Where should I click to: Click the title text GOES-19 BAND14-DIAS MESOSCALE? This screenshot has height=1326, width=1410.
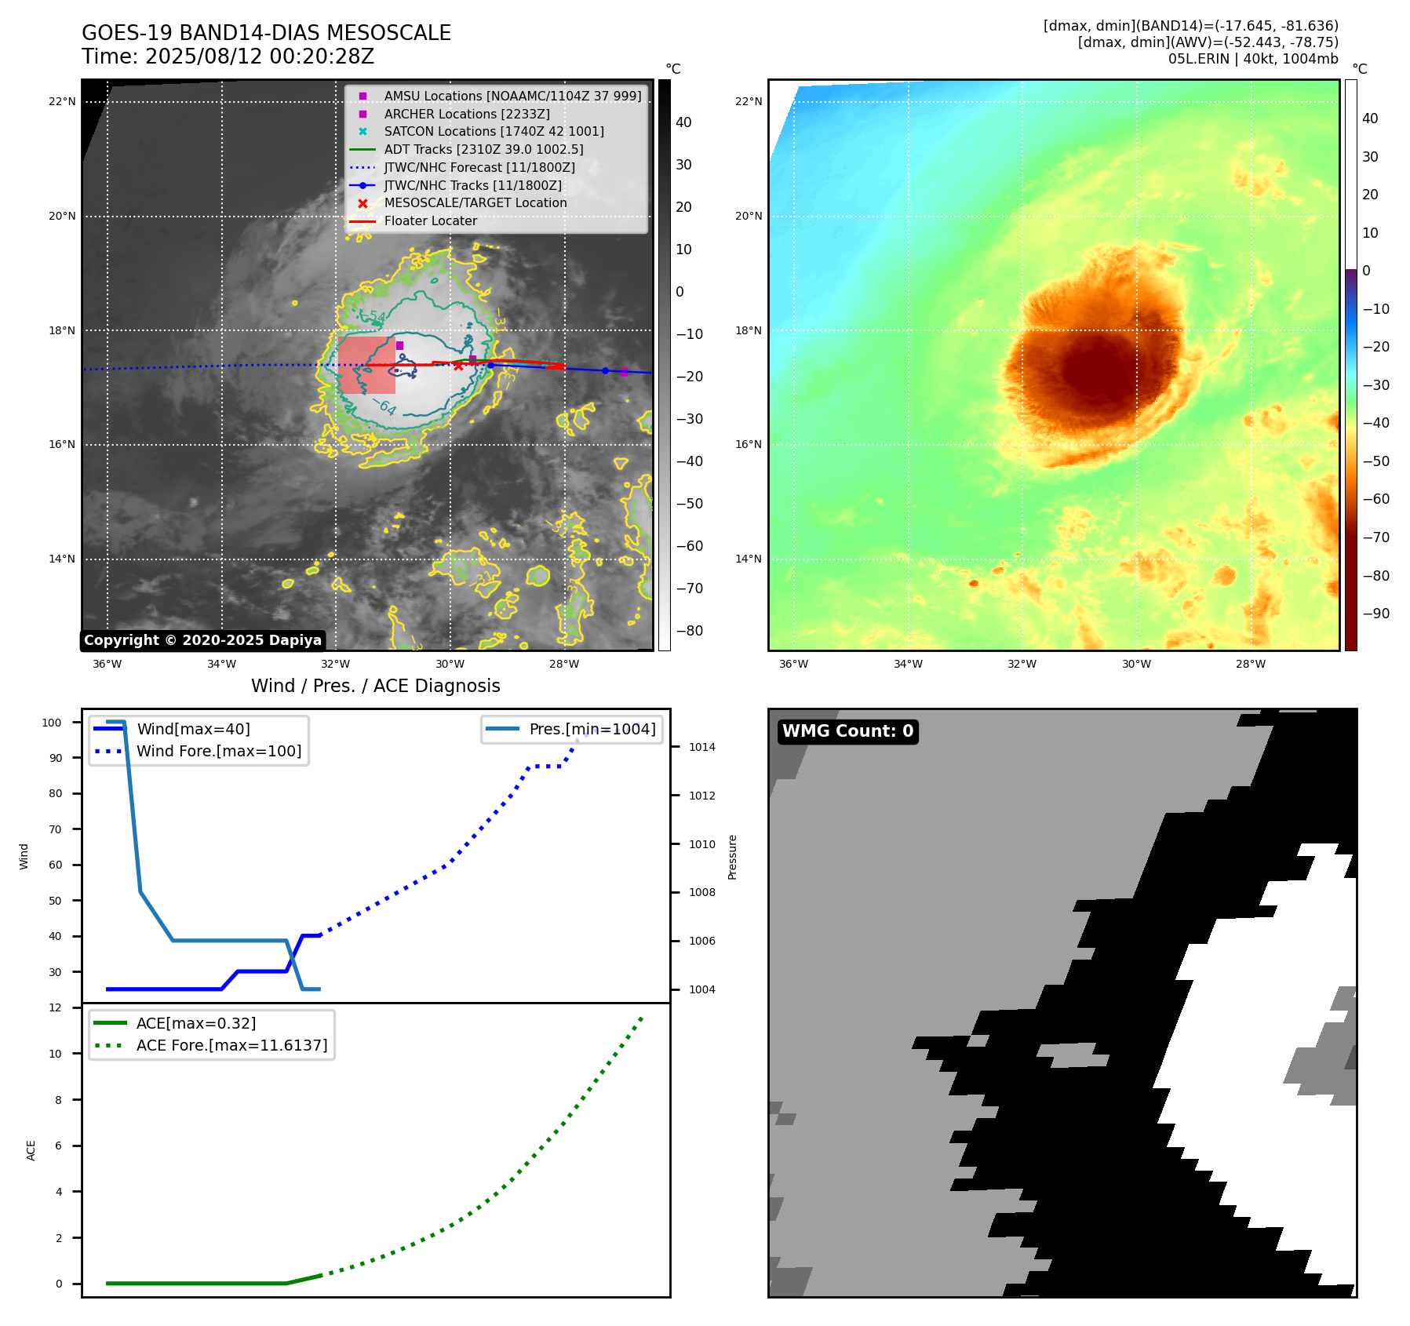click(266, 33)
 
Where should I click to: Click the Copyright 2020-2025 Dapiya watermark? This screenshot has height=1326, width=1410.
click(202, 640)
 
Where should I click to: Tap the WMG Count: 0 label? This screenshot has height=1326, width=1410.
click(847, 731)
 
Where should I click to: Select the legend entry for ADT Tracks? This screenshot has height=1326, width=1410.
click(483, 149)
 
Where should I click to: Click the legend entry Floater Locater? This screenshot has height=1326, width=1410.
click(430, 221)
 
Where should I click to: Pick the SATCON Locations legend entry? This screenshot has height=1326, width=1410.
click(494, 131)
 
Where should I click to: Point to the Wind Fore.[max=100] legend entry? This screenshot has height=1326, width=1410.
click(218, 751)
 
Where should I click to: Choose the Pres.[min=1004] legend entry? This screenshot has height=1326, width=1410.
click(592, 729)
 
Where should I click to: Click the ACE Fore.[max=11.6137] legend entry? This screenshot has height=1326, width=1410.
click(231, 1045)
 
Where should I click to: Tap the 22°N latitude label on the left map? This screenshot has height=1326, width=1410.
click(62, 101)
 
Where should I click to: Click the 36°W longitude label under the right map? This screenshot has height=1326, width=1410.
click(793, 664)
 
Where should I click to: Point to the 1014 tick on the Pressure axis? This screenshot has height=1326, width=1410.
click(701, 747)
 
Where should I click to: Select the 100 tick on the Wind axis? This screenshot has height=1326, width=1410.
click(52, 723)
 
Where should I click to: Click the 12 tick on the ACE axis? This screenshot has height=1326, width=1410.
click(55, 1007)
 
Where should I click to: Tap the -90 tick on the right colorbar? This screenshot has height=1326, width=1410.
click(1375, 614)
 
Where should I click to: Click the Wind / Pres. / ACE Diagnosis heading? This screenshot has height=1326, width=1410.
click(375, 686)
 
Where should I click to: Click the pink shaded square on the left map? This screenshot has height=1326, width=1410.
click(366, 366)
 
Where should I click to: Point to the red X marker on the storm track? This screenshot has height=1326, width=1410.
click(458, 366)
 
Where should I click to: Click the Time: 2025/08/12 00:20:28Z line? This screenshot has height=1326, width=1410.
click(228, 56)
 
